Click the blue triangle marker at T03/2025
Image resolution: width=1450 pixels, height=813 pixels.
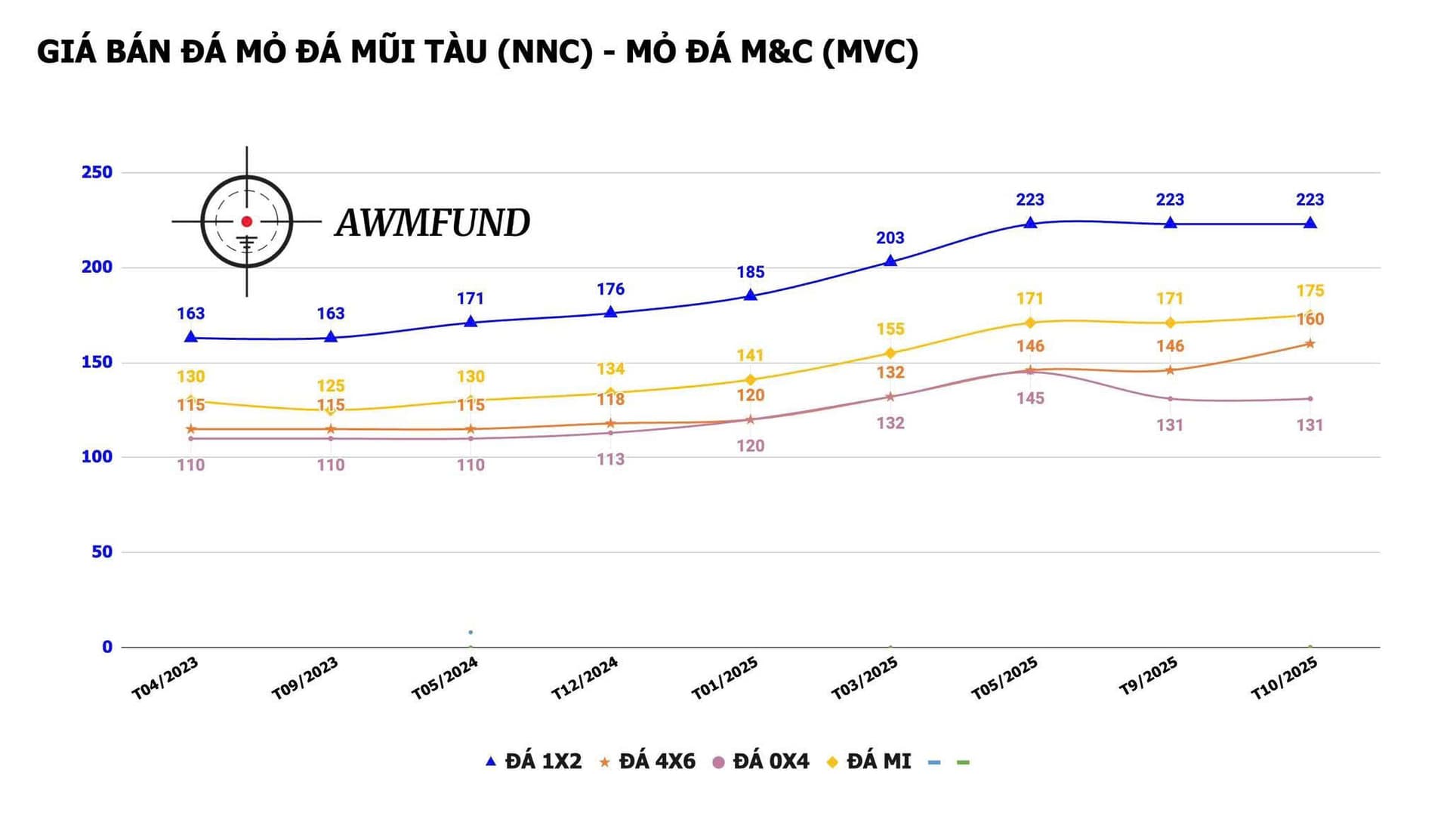(x=890, y=261)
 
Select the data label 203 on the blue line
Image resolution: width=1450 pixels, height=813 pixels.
(x=890, y=238)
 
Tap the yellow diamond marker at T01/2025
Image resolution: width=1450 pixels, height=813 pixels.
(x=750, y=379)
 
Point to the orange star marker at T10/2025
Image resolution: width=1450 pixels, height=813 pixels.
(x=1310, y=344)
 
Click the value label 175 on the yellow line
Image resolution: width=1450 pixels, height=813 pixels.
(x=1310, y=291)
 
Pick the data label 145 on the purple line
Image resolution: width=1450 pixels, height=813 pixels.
(x=1030, y=398)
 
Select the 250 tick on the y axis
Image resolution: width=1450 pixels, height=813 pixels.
(x=97, y=172)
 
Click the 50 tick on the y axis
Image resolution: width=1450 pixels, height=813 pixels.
(x=102, y=552)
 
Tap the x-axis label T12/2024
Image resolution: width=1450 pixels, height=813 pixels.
(x=585, y=679)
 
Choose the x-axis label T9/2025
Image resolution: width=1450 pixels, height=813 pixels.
(x=1148, y=675)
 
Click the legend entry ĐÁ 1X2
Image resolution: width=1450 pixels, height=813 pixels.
(x=534, y=762)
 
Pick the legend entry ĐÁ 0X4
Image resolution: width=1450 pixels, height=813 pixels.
(x=761, y=762)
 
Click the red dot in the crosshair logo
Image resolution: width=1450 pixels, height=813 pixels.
(x=246, y=221)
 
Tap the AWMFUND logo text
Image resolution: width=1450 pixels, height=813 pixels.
(x=433, y=223)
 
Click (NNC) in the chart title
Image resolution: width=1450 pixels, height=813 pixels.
(x=545, y=51)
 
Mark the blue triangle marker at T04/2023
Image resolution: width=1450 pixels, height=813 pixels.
(x=191, y=337)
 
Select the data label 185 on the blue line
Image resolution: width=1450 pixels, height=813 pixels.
(x=751, y=272)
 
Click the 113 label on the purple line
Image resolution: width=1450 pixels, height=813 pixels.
(x=610, y=459)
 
